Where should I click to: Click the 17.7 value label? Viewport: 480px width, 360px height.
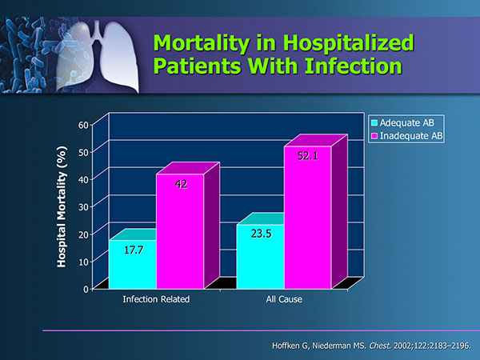point(133,250)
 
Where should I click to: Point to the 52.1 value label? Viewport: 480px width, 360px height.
point(308,156)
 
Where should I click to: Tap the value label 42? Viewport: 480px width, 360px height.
point(181,184)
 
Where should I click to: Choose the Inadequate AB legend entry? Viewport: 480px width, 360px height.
point(410,136)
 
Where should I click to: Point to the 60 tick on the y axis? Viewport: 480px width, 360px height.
point(83,124)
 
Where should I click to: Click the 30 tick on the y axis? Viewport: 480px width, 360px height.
point(83,206)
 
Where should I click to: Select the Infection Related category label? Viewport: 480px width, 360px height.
point(156,300)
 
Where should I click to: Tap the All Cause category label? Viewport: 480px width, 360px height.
point(284,300)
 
